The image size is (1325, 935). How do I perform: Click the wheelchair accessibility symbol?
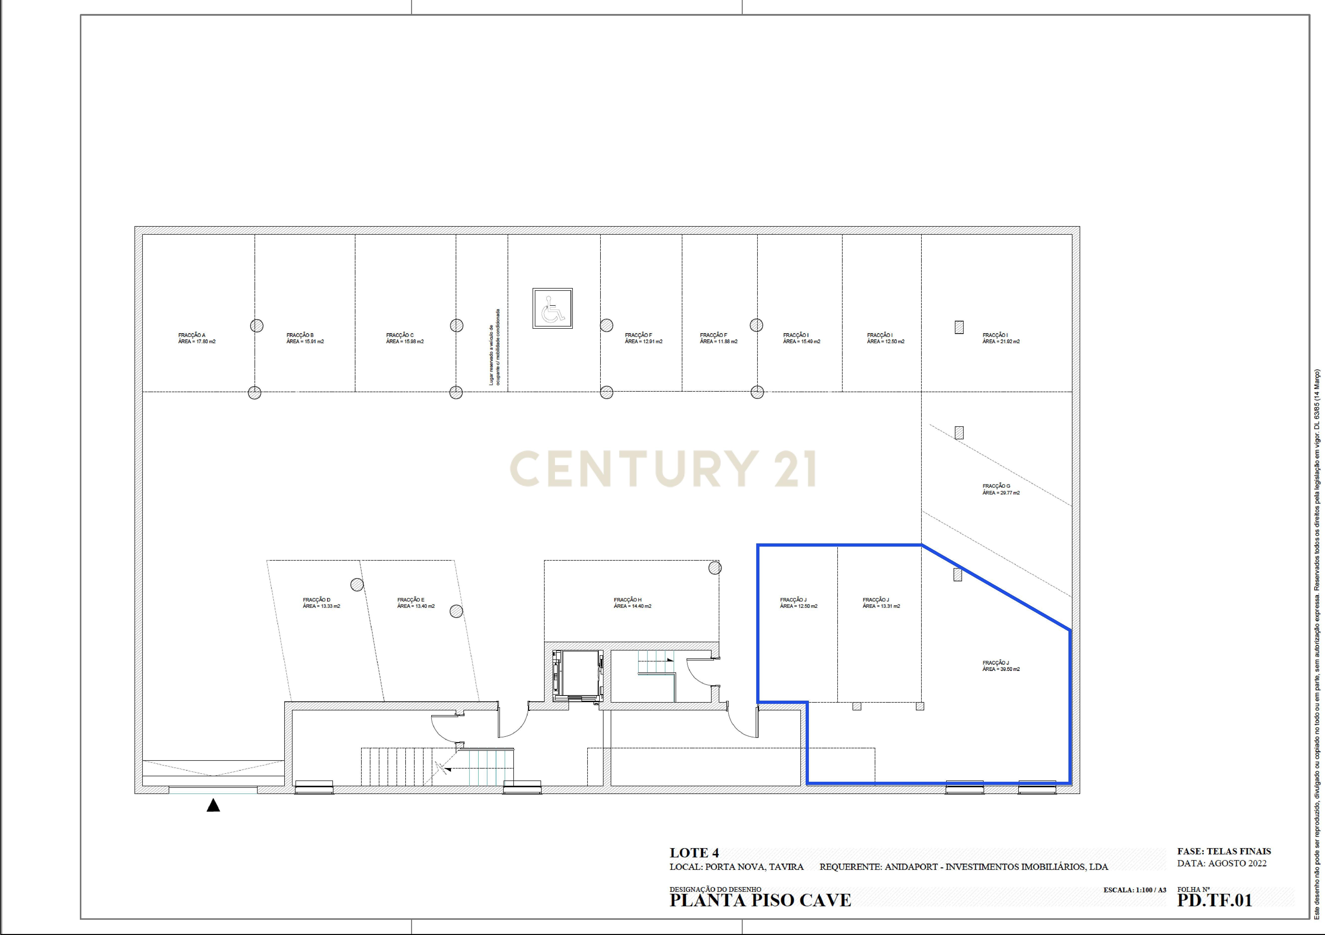552,309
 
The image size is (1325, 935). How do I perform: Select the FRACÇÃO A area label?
196,338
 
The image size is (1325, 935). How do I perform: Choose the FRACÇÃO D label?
321,603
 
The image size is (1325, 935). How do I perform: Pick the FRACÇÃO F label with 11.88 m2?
719,338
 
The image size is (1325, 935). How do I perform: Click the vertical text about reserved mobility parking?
494,346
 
